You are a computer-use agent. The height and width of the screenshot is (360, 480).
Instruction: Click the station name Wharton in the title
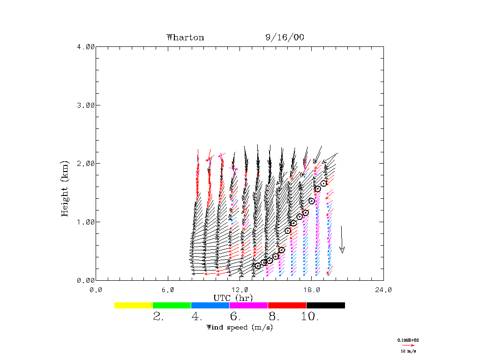185,37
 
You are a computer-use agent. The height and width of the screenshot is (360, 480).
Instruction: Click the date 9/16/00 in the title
285,37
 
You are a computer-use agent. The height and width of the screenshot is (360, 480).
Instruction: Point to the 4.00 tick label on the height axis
86,46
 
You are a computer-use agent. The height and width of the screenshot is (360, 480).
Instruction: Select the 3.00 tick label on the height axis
86,105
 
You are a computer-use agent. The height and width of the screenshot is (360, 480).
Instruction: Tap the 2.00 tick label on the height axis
86,164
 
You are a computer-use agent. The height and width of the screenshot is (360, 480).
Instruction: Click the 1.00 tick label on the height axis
86,222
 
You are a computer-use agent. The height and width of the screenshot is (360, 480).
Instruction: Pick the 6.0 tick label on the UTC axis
167,290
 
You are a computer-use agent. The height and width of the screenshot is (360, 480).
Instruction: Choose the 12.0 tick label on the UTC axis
240,290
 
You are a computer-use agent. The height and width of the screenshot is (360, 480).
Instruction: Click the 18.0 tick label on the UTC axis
311,290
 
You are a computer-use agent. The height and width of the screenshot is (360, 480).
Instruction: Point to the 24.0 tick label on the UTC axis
383,290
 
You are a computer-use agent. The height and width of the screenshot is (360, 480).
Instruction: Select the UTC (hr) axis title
233,298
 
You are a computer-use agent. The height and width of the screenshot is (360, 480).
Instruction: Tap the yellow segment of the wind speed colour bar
134,305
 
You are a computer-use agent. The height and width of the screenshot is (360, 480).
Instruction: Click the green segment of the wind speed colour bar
172,305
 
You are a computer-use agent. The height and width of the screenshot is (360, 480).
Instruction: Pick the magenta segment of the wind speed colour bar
249,305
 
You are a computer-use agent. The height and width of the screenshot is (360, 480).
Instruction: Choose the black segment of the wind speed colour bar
326,305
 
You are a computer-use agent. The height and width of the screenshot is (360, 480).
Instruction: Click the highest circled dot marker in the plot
324,183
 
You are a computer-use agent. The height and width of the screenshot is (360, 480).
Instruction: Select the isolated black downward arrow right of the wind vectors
342,240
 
